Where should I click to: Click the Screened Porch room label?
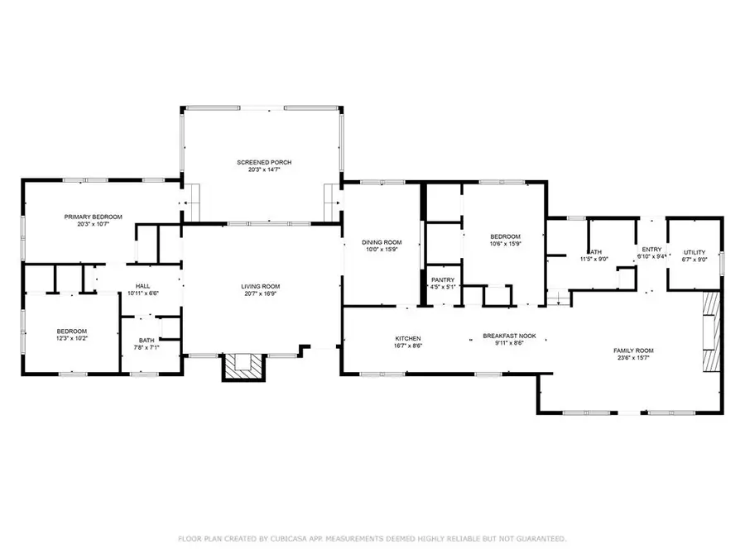pos(262,162)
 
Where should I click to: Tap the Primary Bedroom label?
pos(94,217)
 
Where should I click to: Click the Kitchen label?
pos(407,338)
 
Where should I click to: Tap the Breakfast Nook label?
pos(510,336)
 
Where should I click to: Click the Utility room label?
pos(694,252)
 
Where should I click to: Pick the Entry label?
pos(651,249)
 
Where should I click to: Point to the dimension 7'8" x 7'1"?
pos(147,347)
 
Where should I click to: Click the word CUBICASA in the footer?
pos(292,539)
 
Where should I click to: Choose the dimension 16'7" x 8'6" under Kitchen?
pos(407,346)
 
